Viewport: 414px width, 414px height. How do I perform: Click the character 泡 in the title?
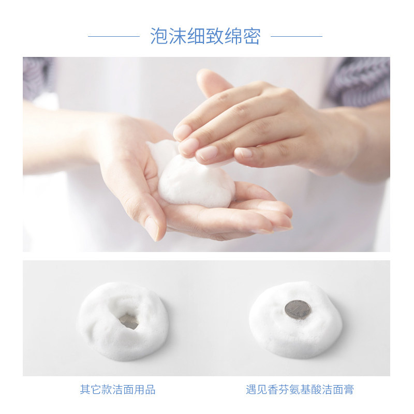[159, 36]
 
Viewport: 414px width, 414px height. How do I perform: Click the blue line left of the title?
[114, 36]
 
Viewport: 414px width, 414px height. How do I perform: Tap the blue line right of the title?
[296, 36]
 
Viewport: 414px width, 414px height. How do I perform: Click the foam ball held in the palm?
[194, 179]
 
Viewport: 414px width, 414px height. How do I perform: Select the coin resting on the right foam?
[298, 310]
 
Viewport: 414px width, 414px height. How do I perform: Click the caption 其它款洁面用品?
[117, 390]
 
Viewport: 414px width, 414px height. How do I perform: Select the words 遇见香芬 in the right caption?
[267, 390]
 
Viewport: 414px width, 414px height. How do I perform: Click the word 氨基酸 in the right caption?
[305, 390]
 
